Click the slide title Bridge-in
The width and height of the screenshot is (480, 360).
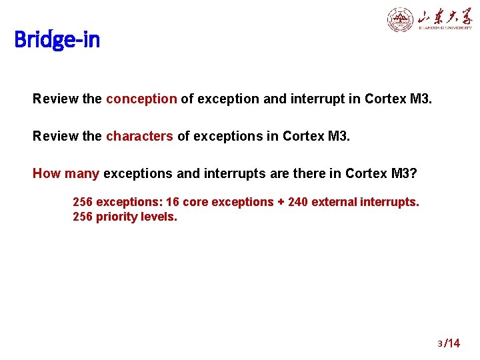click(57, 40)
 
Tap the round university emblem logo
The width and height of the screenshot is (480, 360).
click(400, 19)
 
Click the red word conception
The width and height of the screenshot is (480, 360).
click(141, 99)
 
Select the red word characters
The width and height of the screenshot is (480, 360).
click(139, 137)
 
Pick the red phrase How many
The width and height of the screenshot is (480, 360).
click(66, 174)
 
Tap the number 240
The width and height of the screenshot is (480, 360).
click(299, 202)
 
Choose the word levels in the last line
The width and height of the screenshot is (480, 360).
click(161, 217)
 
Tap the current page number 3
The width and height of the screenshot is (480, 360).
click(440, 344)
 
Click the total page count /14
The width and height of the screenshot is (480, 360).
click(452, 343)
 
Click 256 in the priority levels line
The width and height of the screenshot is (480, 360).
click(83, 217)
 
